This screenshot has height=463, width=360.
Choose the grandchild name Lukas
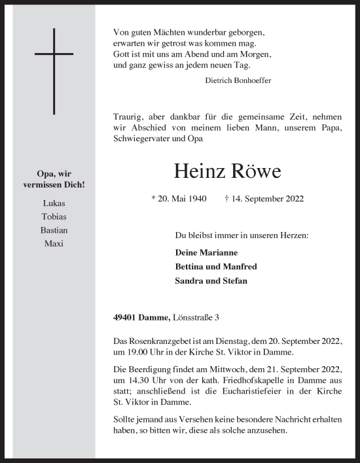pyautogui.click(x=54, y=203)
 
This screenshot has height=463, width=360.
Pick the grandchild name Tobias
pyautogui.click(x=54, y=216)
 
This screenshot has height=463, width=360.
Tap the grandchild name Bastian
pyautogui.click(x=54, y=230)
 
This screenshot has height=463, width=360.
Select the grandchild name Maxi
pyautogui.click(x=54, y=244)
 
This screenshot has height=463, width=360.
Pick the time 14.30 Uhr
pyautogui.click(x=136, y=381)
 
